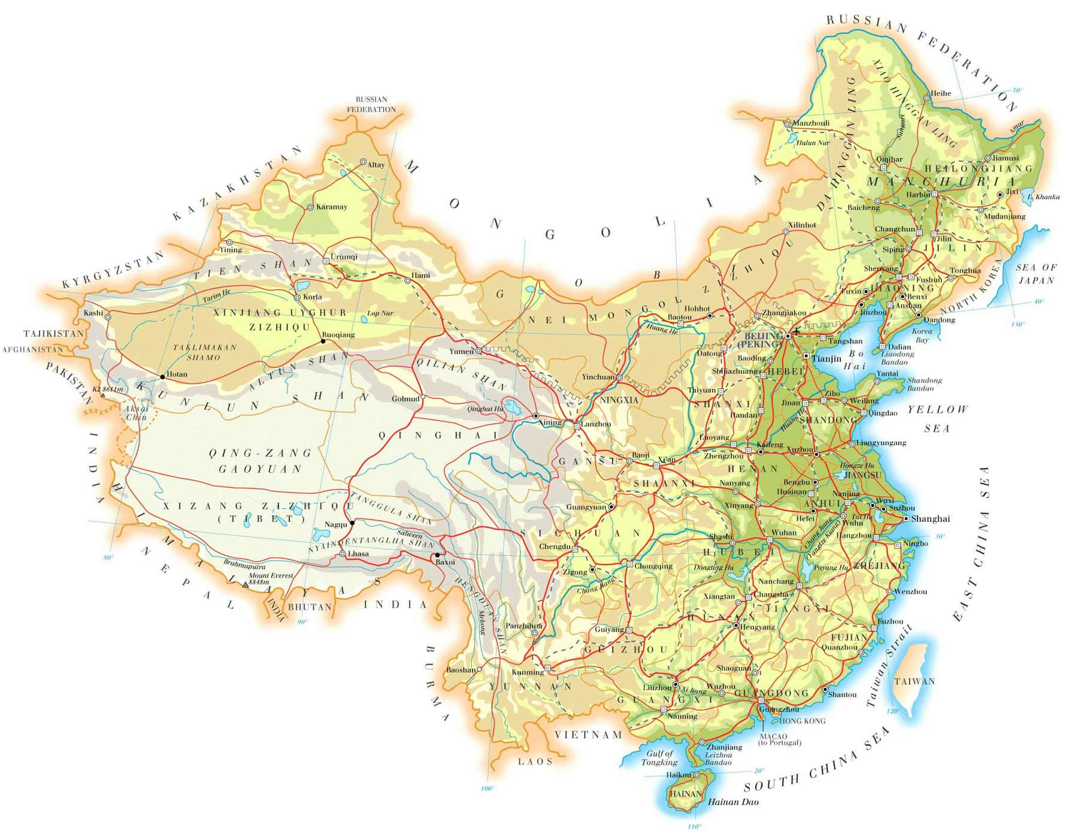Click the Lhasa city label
[358, 554]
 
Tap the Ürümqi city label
[344, 257]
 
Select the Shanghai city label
[930, 519]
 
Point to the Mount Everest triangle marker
[244, 584]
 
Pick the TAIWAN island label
[914, 681]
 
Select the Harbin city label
[918, 195]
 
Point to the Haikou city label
[679, 775]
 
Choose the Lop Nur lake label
[380, 313]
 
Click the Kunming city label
[527, 673]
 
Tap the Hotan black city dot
[162, 377]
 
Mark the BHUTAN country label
[310, 607]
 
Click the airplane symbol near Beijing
[797, 330]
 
